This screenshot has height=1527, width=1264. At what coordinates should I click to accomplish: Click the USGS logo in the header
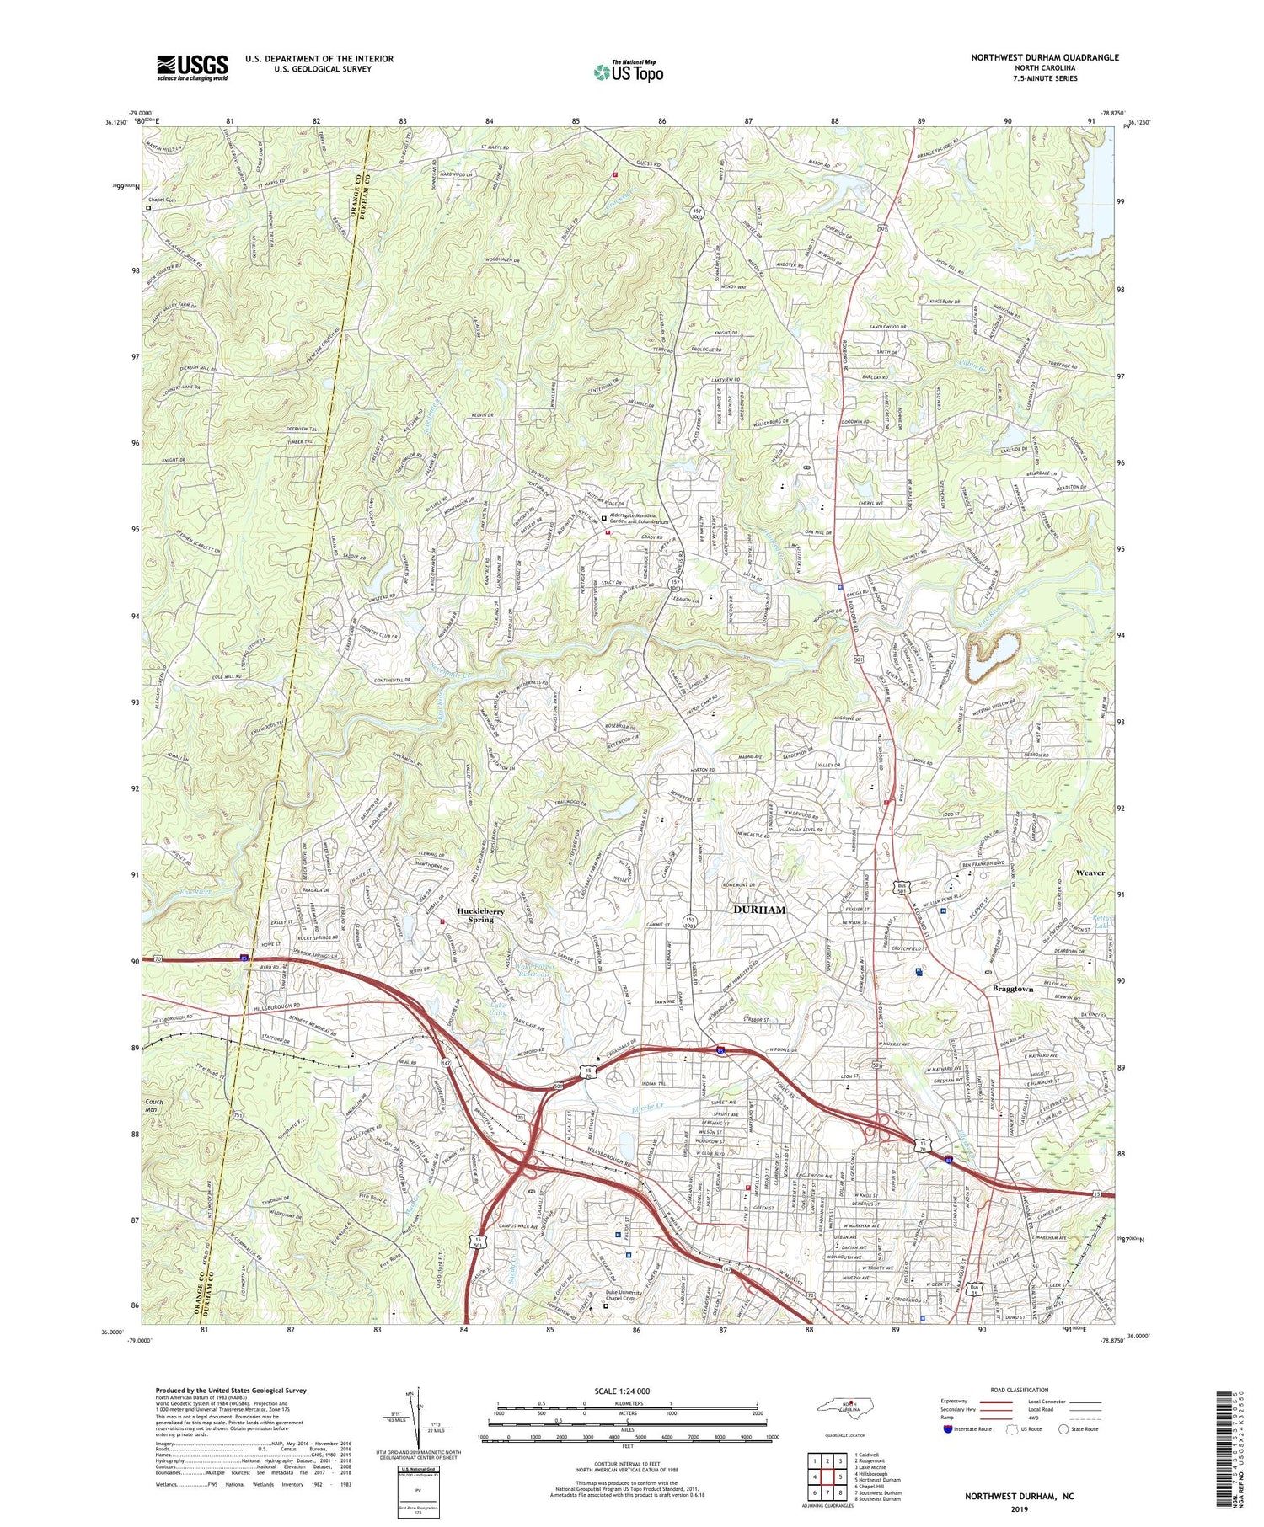pos(191,67)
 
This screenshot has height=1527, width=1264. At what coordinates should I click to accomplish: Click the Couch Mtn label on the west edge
pos(153,1106)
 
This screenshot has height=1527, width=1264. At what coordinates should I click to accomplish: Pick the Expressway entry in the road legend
pos(957,1402)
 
